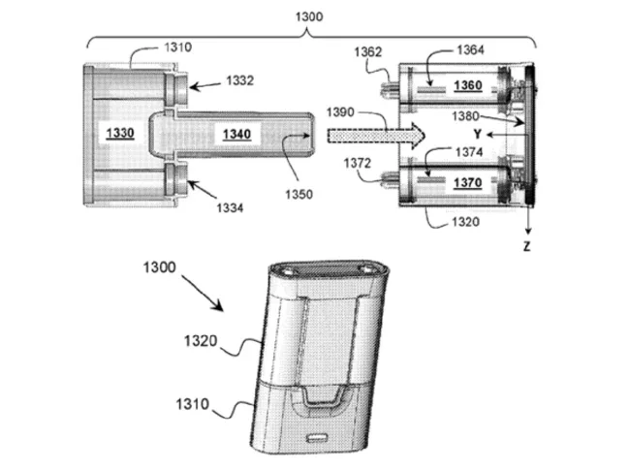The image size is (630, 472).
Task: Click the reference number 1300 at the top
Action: (x=307, y=16)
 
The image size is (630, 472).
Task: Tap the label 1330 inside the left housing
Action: (x=121, y=131)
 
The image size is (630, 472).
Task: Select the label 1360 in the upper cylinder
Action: (x=458, y=85)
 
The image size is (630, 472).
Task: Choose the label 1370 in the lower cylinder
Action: (x=458, y=180)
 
